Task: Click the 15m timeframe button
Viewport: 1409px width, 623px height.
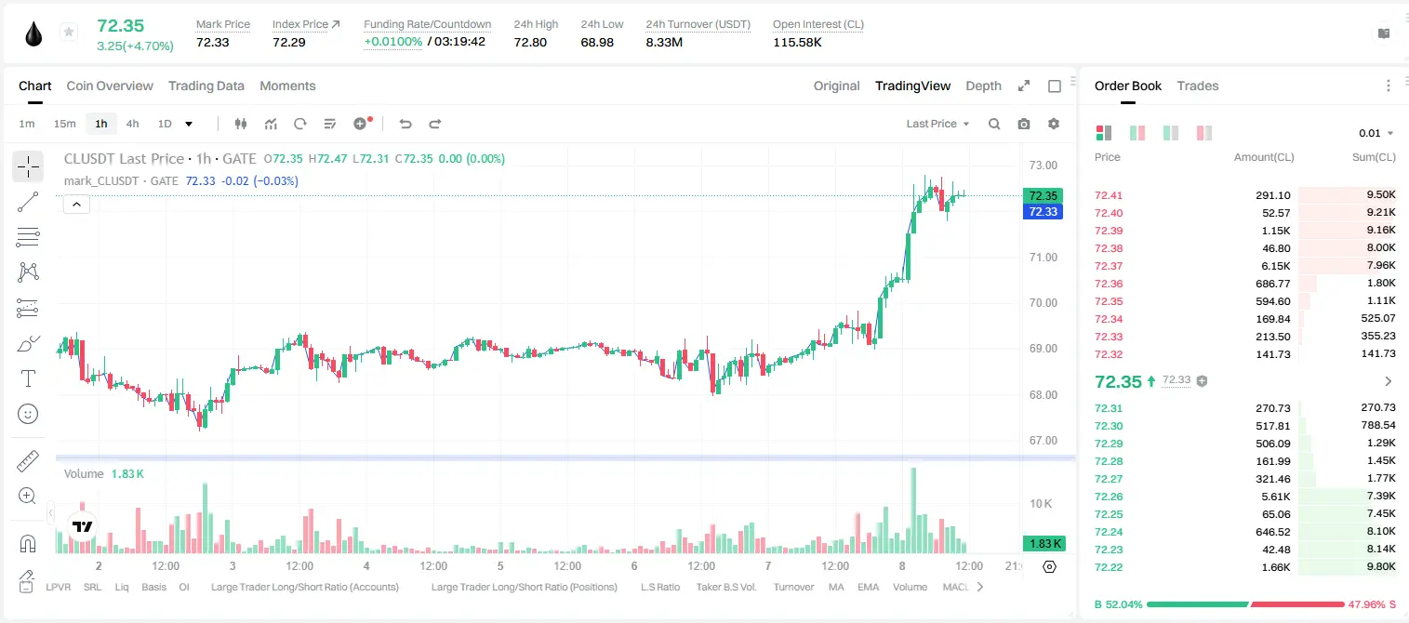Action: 65,124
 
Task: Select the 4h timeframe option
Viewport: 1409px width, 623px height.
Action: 132,124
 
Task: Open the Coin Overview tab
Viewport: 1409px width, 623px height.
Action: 110,86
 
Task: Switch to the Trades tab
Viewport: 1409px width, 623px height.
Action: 1198,86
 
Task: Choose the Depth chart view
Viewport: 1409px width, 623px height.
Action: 983,86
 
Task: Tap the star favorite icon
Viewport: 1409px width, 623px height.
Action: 69,32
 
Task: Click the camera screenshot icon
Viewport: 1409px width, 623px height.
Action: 1024,124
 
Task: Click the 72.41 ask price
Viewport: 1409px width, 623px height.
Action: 1109,195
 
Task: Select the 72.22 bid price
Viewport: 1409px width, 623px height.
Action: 1109,567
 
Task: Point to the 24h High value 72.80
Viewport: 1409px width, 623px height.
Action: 530,42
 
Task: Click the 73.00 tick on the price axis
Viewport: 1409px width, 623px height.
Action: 1043,166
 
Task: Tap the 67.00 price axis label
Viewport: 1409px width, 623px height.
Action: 1043,441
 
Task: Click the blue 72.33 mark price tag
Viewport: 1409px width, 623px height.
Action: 1043,212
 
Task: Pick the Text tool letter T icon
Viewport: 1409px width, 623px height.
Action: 28,378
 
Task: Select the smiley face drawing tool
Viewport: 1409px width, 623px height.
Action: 28,414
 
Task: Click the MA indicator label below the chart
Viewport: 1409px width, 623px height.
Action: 836,587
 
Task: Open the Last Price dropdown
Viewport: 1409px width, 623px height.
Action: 937,124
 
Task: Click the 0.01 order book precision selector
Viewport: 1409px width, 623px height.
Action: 1376,133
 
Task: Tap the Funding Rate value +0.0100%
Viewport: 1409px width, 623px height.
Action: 393,42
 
